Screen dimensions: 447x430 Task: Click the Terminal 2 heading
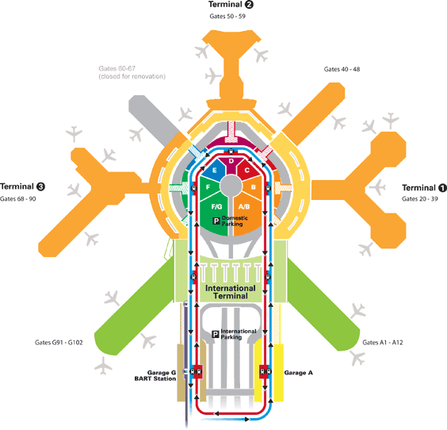[231, 5]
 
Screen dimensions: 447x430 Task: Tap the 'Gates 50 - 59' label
[227, 17]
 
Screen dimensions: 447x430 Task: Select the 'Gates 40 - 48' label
[342, 69]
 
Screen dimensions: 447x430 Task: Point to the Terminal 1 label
[424, 188]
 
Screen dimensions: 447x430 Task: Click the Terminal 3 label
[22, 186]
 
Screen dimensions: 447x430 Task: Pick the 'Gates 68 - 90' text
[18, 199]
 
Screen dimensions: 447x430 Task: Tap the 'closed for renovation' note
[132, 76]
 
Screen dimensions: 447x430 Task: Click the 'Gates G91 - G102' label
[59, 343]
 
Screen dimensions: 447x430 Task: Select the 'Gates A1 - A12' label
[383, 343]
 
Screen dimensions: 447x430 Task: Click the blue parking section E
[214, 170]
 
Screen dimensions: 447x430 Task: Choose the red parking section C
[247, 170]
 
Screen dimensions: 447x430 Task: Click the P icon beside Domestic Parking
[216, 221]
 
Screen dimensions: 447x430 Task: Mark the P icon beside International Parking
[216, 334]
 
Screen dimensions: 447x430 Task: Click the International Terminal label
[231, 292]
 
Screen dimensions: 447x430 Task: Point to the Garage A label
[299, 373]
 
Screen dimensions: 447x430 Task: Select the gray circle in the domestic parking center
[231, 185]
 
